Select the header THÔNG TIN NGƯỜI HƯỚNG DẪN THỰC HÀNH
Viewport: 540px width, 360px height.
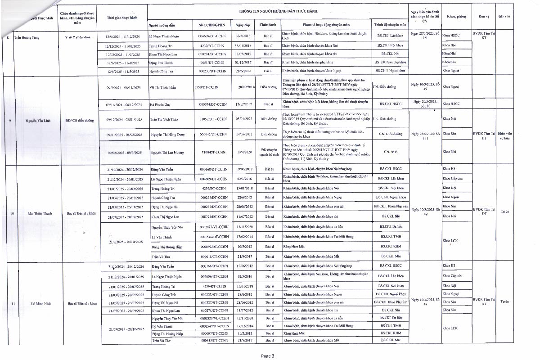[278, 9]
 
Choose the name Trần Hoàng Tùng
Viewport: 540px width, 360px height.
[27, 37]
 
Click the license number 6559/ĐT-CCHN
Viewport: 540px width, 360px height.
[210, 87]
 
